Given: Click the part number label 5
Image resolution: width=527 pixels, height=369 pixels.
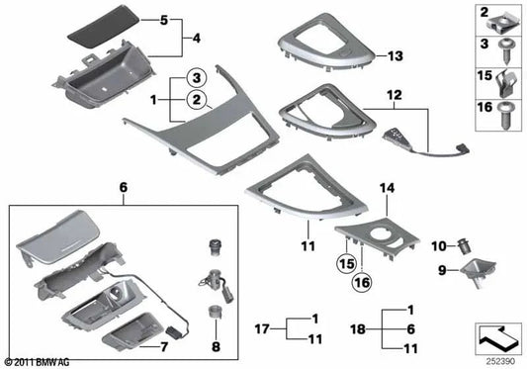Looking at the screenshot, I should click(x=165, y=20).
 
